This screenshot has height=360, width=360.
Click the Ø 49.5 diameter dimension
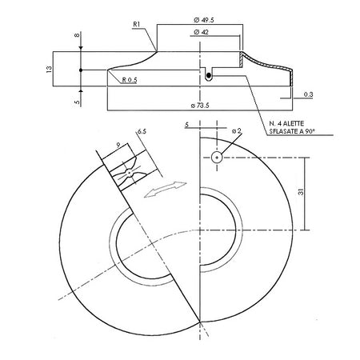pos(204,20)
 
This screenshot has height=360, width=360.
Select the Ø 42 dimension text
pos(202,32)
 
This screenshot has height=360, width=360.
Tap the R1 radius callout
pos(137,24)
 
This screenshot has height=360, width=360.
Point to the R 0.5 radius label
pos(130,80)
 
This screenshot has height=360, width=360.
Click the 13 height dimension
pos(49,69)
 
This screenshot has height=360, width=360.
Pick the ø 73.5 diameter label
pos(200,106)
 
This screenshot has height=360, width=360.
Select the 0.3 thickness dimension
pos(308,94)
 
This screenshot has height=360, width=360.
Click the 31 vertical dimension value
pos(301,191)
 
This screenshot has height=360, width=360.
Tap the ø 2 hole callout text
pos(237,130)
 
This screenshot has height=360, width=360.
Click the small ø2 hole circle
pos(217,158)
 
